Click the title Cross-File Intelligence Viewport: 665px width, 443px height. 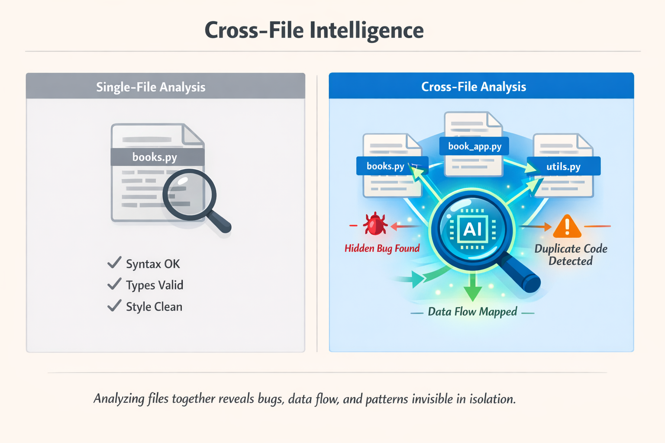(314, 30)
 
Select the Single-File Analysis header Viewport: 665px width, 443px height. (151, 87)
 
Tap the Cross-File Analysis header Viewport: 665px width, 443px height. (474, 87)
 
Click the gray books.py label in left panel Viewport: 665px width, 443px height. (155, 157)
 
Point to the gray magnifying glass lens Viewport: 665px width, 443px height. (189, 194)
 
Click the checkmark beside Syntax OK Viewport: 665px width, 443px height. (114, 263)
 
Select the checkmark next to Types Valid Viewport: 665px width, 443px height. (114, 284)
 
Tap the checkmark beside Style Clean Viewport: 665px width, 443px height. (114, 305)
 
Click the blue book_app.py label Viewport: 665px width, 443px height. (475, 146)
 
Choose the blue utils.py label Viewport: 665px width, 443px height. (563, 167)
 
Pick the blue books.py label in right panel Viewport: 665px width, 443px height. (385, 166)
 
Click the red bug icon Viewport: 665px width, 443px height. (375, 224)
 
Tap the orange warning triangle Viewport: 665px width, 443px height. (567, 227)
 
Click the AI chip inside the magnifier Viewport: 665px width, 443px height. (472, 229)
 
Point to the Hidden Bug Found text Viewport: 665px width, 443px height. (382, 248)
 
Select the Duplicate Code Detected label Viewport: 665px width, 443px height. (571, 255)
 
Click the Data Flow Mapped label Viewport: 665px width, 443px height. (472, 312)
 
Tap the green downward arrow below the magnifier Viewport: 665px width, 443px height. (473, 289)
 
